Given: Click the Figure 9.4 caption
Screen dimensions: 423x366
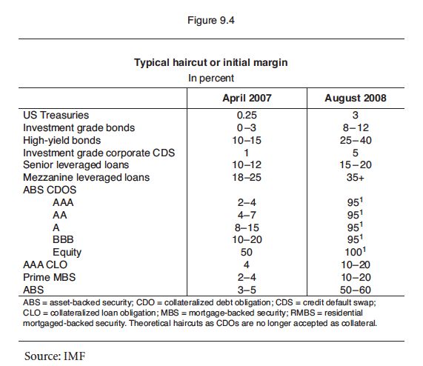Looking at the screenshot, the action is [x=211, y=20].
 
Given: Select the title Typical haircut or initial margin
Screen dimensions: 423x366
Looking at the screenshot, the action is [x=211, y=62].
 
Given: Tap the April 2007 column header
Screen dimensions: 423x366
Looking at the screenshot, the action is [x=247, y=98].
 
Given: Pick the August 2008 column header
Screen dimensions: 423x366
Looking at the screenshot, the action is [x=356, y=98].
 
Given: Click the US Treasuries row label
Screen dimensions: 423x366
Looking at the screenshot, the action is [x=56, y=115].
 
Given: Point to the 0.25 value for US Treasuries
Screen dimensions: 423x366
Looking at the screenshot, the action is [x=247, y=115].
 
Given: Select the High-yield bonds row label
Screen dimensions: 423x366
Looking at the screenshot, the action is [x=61, y=140].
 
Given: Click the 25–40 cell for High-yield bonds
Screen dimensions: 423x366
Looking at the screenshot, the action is [x=356, y=140].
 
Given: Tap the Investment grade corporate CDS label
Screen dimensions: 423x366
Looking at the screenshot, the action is [x=99, y=153].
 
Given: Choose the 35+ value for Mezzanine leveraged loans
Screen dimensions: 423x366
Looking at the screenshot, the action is [x=356, y=178].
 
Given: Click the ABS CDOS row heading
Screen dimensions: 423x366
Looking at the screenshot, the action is [x=50, y=190].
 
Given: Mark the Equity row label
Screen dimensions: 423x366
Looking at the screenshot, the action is [x=67, y=253].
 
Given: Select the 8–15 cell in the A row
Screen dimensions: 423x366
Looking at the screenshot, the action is [x=247, y=227].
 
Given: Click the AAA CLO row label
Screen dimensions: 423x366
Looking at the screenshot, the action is [x=45, y=264].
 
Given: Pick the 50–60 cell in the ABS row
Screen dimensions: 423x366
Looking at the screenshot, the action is [x=356, y=290].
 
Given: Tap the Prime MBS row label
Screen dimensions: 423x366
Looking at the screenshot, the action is [x=50, y=277].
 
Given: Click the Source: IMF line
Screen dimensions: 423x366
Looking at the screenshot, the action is [x=55, y=356].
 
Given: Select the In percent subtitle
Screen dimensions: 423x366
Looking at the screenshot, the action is [x=211, y=79].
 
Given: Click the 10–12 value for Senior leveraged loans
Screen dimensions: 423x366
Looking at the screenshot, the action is [x=247, y=164].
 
